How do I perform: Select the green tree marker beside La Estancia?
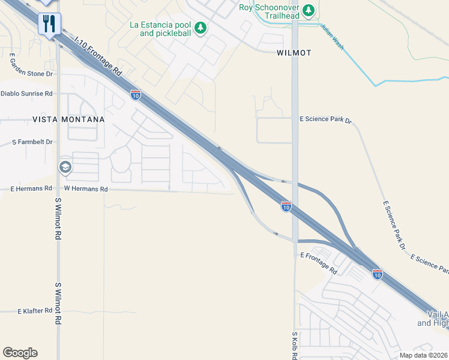200,28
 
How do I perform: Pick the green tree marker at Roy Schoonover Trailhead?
309,10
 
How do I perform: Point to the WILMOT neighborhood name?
294,53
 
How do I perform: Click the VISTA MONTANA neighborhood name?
68,119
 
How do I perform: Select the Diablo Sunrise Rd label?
26,94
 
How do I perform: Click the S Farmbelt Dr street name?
32,142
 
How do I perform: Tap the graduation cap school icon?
65,167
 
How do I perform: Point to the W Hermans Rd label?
85,188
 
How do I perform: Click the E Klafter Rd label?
36,311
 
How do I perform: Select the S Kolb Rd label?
295,344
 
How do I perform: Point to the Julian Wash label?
332,37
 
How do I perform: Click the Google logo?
20,353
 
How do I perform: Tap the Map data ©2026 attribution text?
424,355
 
